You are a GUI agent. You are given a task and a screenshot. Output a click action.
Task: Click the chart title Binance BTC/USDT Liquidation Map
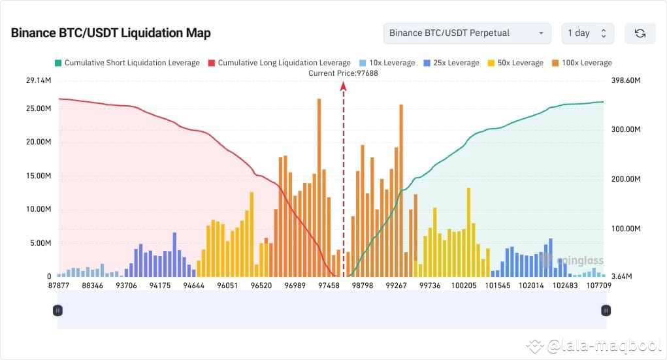coord(110,33)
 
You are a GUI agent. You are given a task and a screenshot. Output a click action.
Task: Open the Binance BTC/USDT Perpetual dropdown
coord(466,33)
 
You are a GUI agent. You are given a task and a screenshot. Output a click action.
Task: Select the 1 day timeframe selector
coord(587,33)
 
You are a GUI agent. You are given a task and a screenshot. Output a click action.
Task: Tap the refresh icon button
coord(640,33)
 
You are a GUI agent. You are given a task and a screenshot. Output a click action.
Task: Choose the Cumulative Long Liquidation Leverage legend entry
coord(279,63)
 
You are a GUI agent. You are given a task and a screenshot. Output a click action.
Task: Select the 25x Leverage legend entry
coord(451,63)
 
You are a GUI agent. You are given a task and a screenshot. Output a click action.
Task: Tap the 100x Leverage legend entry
coord(581,63)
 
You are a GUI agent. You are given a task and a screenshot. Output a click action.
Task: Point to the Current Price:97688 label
coord(343,73)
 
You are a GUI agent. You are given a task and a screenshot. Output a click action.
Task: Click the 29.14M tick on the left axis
coord(39,81)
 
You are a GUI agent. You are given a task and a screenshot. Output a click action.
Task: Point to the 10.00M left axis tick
coord(39,209)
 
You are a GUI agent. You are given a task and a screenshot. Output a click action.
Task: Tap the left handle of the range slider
coord(57,310)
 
